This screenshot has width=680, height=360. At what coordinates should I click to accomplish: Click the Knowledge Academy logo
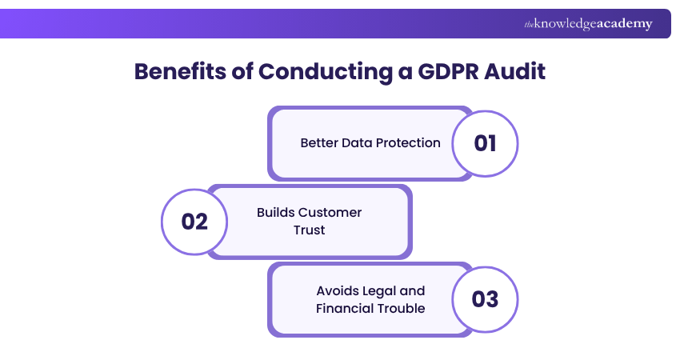pyautogui.click(x=588, y=24)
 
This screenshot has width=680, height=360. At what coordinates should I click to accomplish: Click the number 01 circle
pyautogui.click(x=485, y=143)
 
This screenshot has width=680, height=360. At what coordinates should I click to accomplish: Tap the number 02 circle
pyautogui.click(x=194, y=222)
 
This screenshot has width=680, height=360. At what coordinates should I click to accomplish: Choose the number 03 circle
pyautogui.click(x=485, y=299)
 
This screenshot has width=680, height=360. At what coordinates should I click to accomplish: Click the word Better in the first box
pyautogui.click(x=318, y=143)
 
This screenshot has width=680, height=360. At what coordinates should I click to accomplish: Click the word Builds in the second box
pyautogui.click(x=275, y=213)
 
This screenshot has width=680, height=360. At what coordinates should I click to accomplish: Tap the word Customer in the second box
pyautogui.click(x=330, y=213)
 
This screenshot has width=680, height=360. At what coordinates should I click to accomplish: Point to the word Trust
pyautogui.click(x=309, y=230)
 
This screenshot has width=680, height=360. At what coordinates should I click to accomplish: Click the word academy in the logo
pyautogui.click(x=624, y=24)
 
